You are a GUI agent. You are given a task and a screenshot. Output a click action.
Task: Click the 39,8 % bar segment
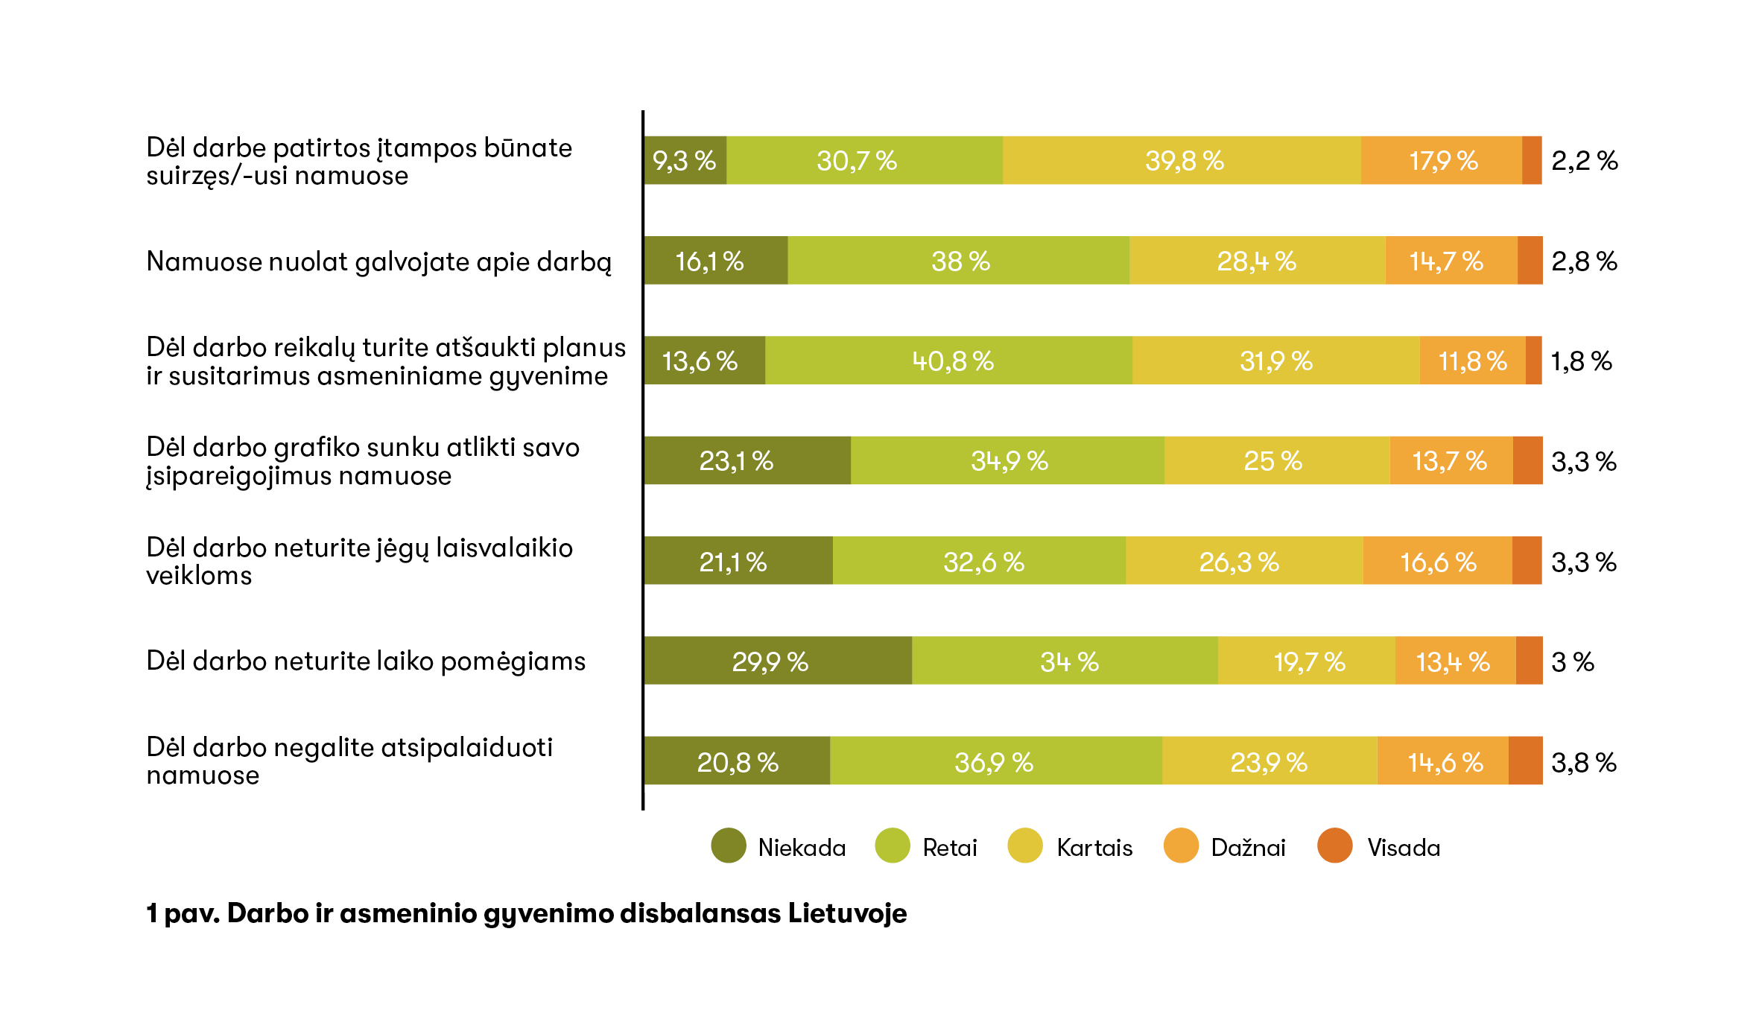pos(1182,160)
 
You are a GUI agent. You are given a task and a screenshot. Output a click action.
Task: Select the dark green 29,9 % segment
pos(777,661)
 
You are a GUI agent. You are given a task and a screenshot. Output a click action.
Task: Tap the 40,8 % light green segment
pos(948,361)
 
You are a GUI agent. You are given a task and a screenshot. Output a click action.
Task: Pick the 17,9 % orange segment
pos(1442,160)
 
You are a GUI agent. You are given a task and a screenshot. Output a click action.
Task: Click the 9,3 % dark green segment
pos(685,160)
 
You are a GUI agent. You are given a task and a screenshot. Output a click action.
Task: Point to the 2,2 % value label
pos(1584,160)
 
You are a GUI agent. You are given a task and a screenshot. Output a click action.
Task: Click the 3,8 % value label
pos(1583,762)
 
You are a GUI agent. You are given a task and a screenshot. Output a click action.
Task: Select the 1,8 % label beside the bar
pos(1581,361)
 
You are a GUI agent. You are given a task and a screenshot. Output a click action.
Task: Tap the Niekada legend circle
pos(729,845)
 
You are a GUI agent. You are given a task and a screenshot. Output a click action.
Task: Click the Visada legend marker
pos(1334,845)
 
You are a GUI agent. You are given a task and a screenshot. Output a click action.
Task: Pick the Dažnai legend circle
pos(1181,845)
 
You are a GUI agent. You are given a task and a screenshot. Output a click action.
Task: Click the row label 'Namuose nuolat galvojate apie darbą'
pos(378,261)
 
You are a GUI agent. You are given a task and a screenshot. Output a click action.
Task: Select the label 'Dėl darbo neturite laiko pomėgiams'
pos(366,661)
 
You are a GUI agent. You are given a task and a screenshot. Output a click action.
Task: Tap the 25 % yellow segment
pos(1276,460)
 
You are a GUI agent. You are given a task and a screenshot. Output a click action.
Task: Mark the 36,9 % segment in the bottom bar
pos(995,761)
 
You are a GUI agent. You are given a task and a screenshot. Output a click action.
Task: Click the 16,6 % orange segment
pos(1437,561)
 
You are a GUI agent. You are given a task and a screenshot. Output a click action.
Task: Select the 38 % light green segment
pos(959,261)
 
